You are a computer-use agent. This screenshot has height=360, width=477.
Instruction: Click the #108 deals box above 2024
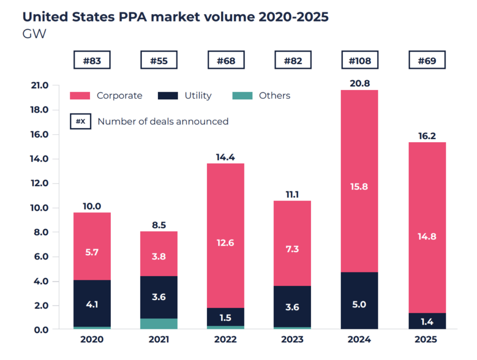coord(360,61)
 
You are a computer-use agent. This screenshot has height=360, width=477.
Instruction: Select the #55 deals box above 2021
coord(159,61)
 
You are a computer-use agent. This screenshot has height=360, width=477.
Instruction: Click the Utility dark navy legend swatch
coord(168,96)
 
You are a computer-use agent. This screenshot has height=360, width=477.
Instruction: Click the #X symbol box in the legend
coord(81,121)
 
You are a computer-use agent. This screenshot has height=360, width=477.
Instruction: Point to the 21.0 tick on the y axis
coord(38,85)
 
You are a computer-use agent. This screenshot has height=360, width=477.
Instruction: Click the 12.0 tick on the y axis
coord(38,184)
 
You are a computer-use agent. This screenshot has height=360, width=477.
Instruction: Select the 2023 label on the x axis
coord(293,340)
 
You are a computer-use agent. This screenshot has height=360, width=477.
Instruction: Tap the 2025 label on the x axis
coord(427,340)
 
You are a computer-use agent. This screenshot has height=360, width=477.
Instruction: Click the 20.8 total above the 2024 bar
coord(360,83)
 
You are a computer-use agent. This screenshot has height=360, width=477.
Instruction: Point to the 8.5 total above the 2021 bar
coord(159,225)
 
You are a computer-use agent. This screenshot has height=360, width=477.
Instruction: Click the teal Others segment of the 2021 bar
coord(159,323)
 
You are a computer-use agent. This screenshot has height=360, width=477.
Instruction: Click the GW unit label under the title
coord(34,34)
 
